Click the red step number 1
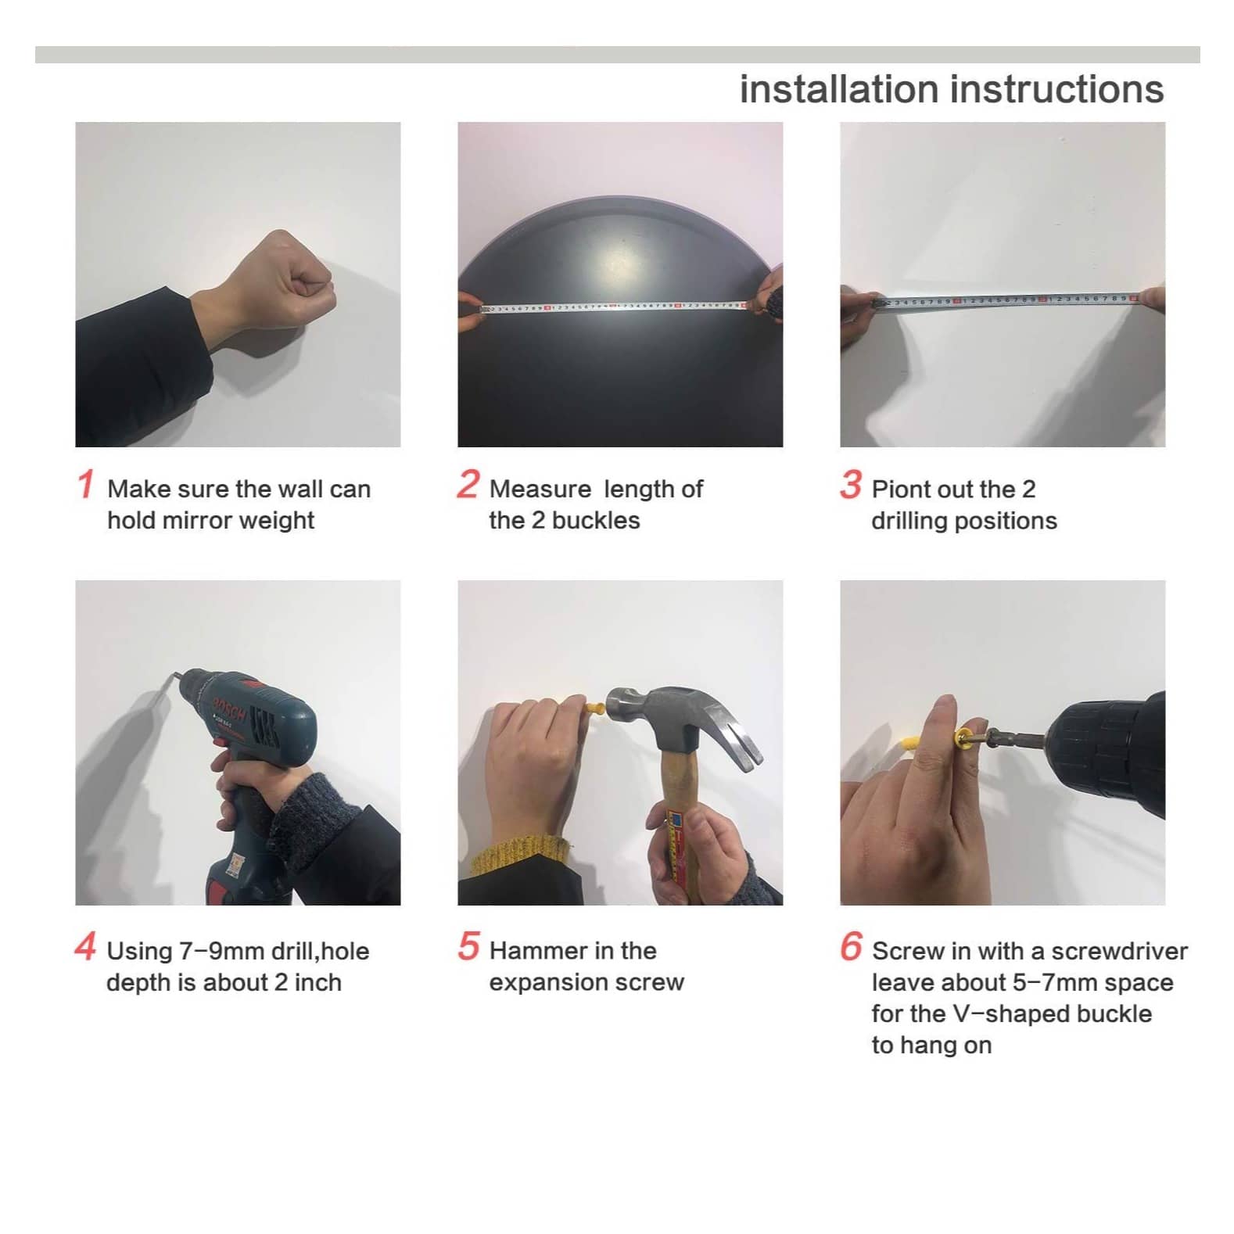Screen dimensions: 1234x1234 pyautogui.click(x=85, y=483)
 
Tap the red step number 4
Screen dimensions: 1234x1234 pyautogui.click(x=85, y=945)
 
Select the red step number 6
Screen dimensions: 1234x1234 pyautogui.click(x=851, y=945)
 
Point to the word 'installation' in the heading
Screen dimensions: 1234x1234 pyautogui.click(x=839, y=89)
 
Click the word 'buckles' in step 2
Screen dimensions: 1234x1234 pyautogui.click(x=596, y=520)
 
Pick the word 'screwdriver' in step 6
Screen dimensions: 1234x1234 pyautogui.click(x=1119, y=951)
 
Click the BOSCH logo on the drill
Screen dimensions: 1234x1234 pyautogui.click(x=229, y=705)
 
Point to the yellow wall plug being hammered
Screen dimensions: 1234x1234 pyautogui.click(x=595, y=710)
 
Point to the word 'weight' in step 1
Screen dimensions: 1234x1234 pyautogui.click(x=277, y=521)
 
